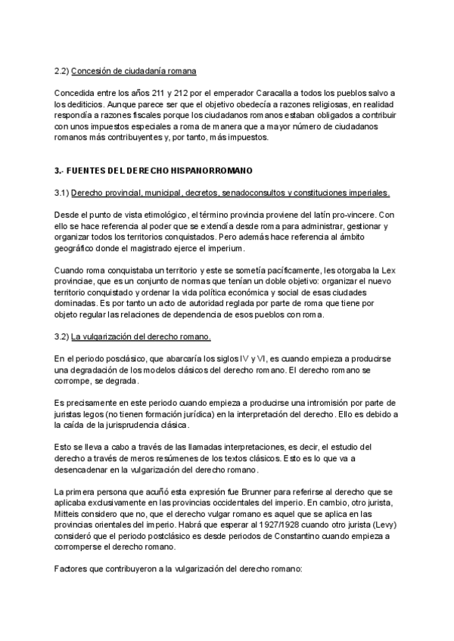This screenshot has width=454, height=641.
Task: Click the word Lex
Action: pyautogui.click(x=387, y=270)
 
